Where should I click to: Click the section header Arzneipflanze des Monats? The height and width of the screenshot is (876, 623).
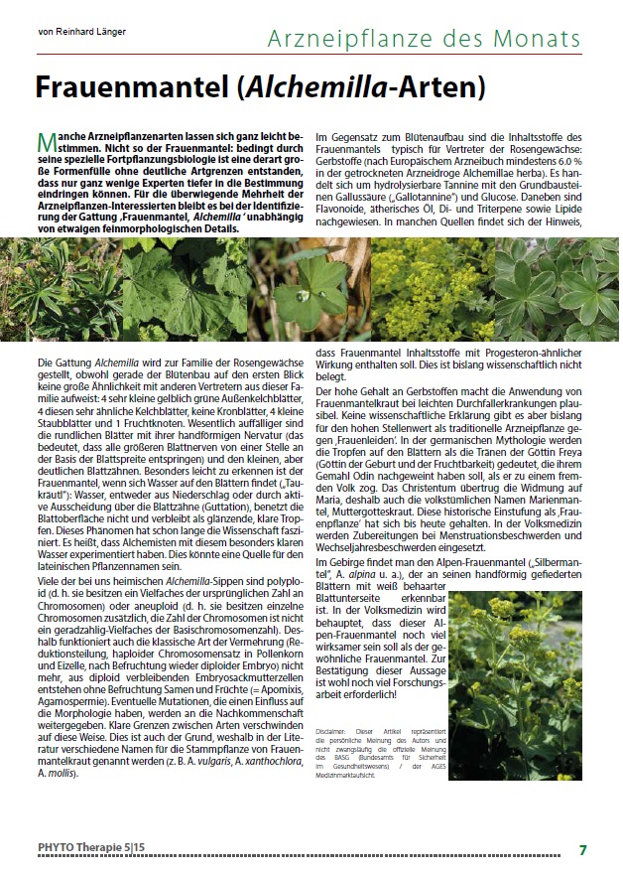click(425, 39)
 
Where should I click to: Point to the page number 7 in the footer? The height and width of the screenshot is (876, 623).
click(583, 850)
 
